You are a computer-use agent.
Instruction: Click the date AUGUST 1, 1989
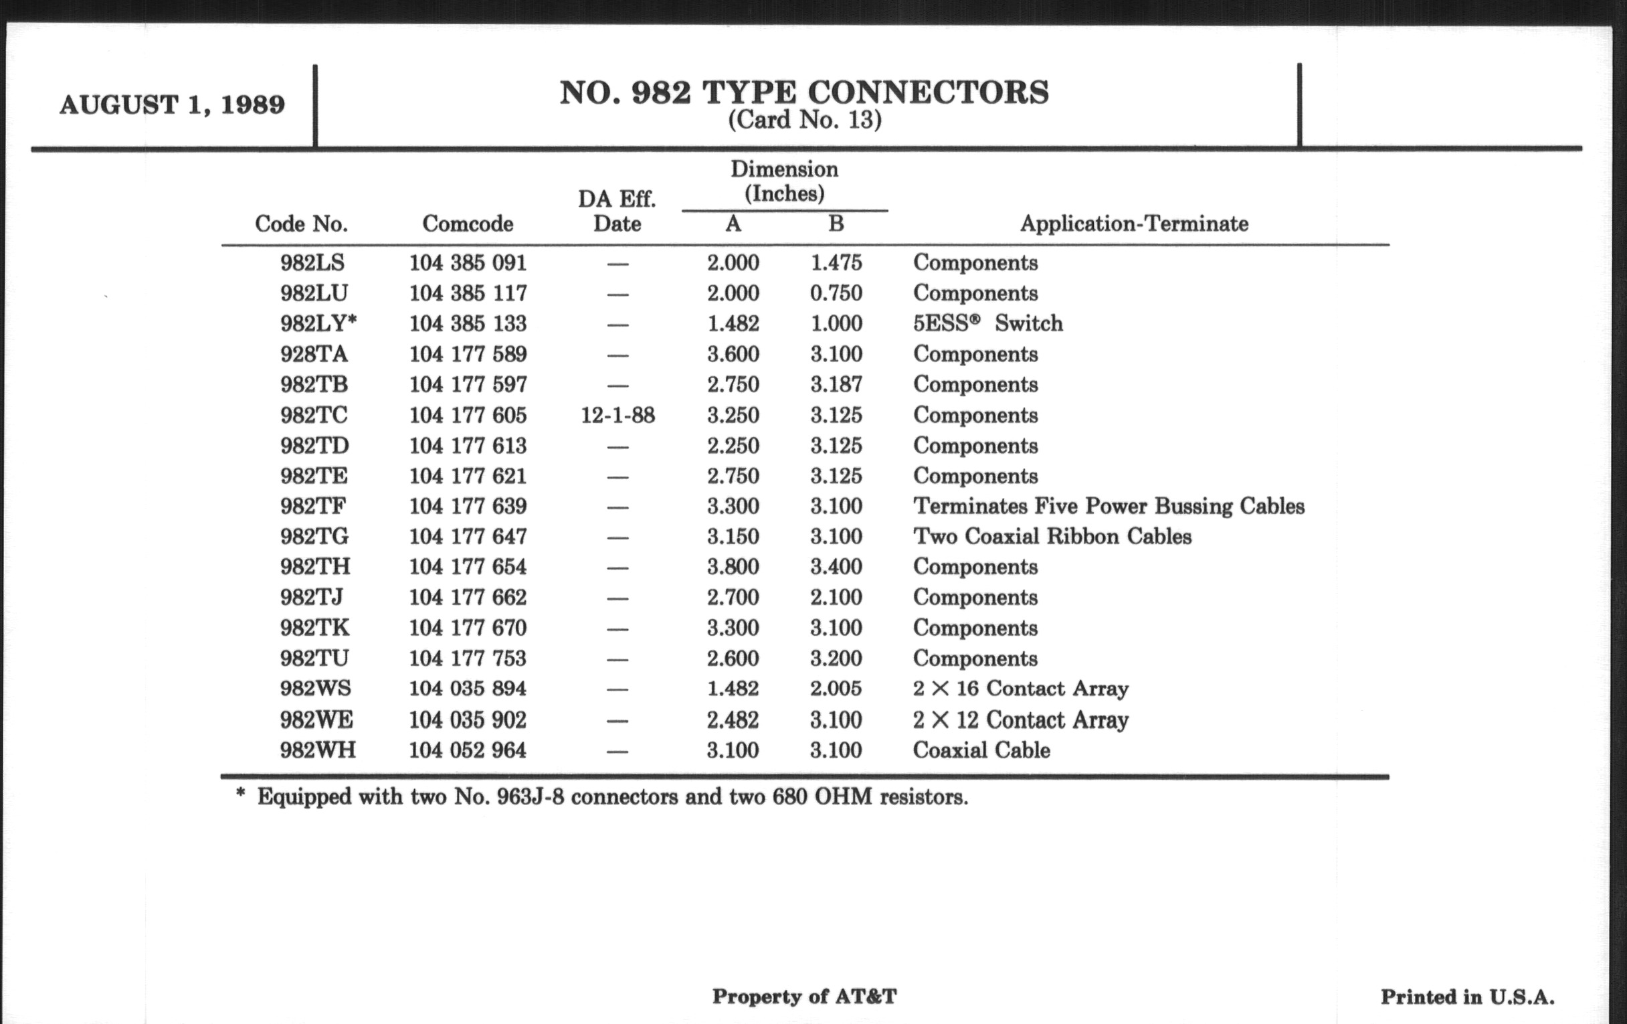click(x=173, y=105)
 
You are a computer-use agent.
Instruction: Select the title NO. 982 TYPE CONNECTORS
click(x=804, y=92)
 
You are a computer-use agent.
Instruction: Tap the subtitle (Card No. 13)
click(x=804, y=120)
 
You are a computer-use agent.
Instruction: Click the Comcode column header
click(x=468, y=224)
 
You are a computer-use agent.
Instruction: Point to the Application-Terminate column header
click(x=1134, y=224)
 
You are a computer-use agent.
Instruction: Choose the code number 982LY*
click(x=318, y=324)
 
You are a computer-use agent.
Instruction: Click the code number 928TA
click(x=314, y=354)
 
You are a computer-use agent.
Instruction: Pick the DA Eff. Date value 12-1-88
click(x=617, y=415)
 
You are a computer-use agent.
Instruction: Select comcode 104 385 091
click(x=468, y=263)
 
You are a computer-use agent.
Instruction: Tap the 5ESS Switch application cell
click(x=987, y=324)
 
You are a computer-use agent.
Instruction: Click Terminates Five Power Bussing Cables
click(x=1108, y=506)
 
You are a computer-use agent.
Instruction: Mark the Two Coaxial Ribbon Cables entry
click(x=1052, y=537)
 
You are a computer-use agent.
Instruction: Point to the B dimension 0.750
click(x=836, y=293)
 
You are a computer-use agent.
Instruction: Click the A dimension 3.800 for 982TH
click(x=733, y=566)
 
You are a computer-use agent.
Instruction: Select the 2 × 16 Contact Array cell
click(x=1020, y=689)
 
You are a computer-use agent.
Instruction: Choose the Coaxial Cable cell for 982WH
click(x=981, y=750)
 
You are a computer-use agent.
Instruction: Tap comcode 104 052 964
click(x=468, y=750)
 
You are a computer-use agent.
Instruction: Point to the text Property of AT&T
click(x=804, y=997)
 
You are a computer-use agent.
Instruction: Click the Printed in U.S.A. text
click(x=1467, y=997)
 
